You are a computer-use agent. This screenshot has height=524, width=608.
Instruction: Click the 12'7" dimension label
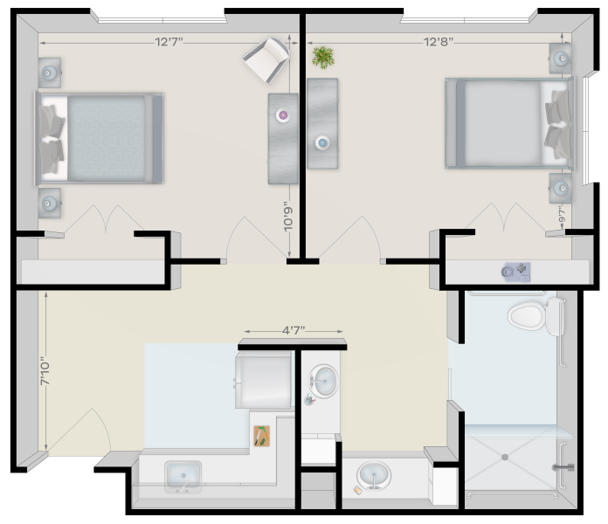(x=169, y=41)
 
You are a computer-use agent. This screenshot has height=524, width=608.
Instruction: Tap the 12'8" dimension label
(x=439, y=41)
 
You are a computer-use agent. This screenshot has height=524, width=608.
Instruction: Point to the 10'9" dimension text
(x=288, y=217)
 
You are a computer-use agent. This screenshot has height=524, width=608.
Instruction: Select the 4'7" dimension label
(x=294, y=331)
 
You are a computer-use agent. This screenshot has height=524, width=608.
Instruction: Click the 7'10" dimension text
(x=45, y=373)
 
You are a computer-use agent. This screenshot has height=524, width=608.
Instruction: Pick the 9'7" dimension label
(x=563, y=214)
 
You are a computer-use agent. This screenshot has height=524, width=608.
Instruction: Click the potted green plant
(x=323, y=58)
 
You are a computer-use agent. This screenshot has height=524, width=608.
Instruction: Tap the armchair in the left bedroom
(x=267, y=59)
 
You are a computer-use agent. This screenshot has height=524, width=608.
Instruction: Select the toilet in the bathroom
(x=535, y=316)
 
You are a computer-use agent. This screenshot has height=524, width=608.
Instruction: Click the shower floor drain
(x=504, y=458)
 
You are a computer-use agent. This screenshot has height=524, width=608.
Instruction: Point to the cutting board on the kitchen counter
(x=262, y=436)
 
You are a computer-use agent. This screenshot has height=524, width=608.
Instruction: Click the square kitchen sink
(x=183, y=477)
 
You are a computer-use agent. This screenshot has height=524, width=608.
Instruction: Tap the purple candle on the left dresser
(x=283, y=115)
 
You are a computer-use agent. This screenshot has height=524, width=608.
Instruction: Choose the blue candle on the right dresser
(x=322, y=142)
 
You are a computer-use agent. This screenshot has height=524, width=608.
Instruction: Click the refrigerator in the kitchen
(x=264, y=380)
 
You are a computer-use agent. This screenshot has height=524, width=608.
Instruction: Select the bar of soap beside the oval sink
(x=357, y=490)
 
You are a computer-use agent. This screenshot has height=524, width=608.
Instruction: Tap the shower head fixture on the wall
(x=563, y=467)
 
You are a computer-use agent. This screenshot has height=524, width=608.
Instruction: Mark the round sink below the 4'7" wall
(x=323, y=381)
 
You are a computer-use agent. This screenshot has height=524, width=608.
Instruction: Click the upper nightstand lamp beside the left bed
(x=49, y=72)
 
